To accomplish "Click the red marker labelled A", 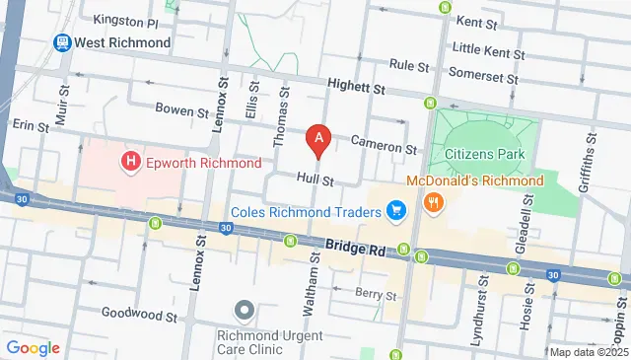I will click(317, 140).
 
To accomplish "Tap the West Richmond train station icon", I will click(61, 43).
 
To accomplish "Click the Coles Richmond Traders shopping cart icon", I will click(396, 211).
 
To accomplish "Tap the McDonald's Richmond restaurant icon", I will click(433, 202).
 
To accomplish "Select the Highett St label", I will click(356, 89).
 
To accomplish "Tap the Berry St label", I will click(377, 294).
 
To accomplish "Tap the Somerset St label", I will click(481, 73).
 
